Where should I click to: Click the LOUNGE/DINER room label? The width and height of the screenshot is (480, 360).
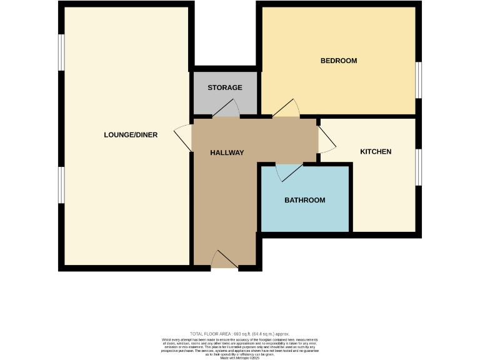coord(131,135)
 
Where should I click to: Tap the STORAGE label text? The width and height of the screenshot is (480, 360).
coord(225,87)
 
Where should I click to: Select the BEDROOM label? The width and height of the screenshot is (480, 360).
coord(338,61)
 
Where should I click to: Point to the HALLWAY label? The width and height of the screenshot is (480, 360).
coord(227,153)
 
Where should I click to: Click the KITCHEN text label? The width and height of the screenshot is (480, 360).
coord(376,152)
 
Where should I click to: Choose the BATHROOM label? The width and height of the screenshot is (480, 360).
coord(305,201)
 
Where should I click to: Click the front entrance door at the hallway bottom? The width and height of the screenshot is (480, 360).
coord(224,261)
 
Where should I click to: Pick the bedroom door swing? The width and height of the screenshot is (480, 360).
coord(286,109)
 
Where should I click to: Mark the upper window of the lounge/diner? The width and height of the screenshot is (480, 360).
coord(61,52)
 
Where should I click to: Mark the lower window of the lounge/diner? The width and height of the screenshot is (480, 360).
coord(61,185)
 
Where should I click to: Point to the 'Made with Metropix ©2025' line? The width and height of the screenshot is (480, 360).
coord(239,357)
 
